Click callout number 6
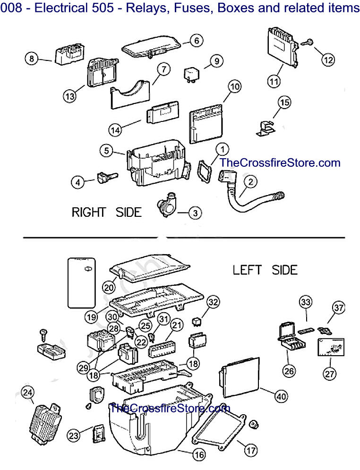tap(197, 41)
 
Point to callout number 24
tap(28, 392)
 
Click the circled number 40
tap(281, 397)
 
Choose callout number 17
tap(251, 450)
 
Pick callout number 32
tap(214, 302)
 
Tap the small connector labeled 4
tap(104, 179)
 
